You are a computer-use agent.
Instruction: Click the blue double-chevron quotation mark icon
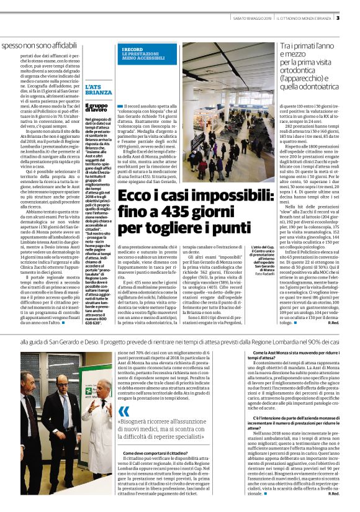pyautogui.click(x=125, y=411)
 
